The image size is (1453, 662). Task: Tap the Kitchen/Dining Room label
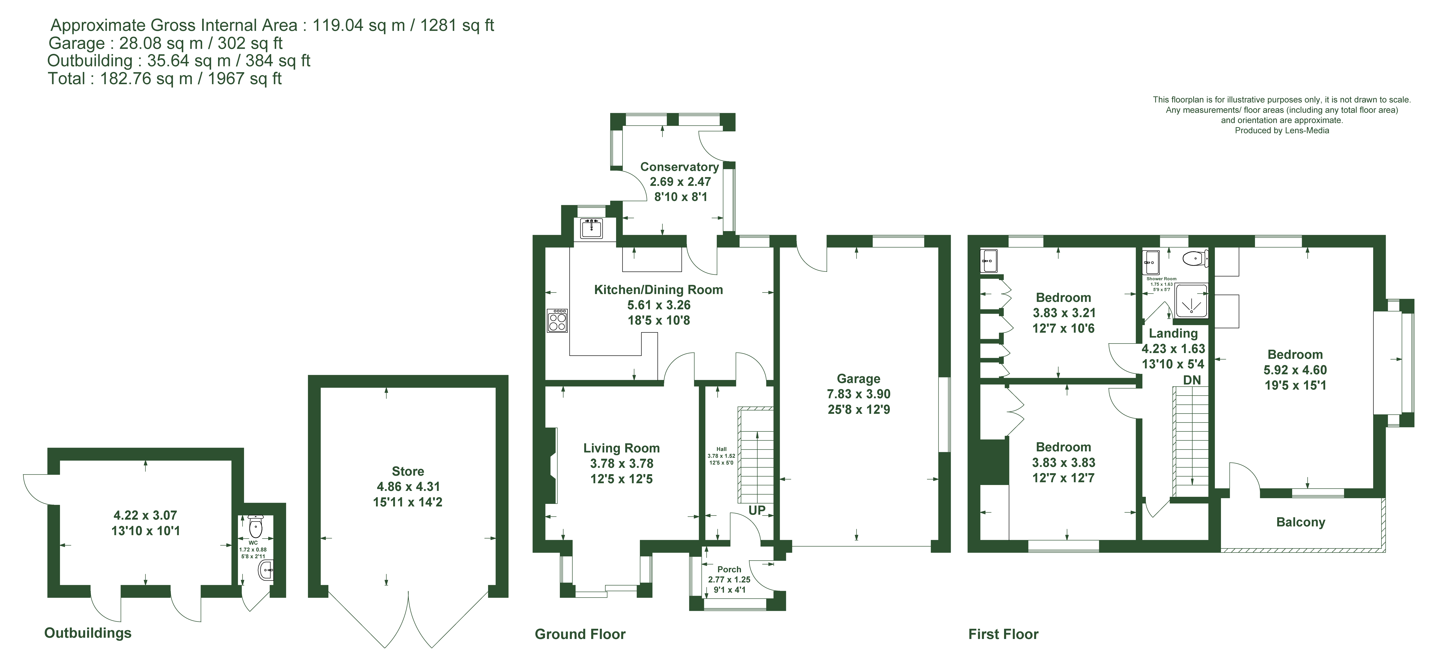658,290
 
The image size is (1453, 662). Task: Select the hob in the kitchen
557,320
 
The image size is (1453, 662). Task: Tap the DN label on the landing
1192,380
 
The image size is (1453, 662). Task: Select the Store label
408,471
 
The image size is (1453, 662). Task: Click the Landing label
1173,334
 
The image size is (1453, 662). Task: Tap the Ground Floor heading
580,634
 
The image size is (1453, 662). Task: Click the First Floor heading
1003,634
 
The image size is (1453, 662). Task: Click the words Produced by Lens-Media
1282,130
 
